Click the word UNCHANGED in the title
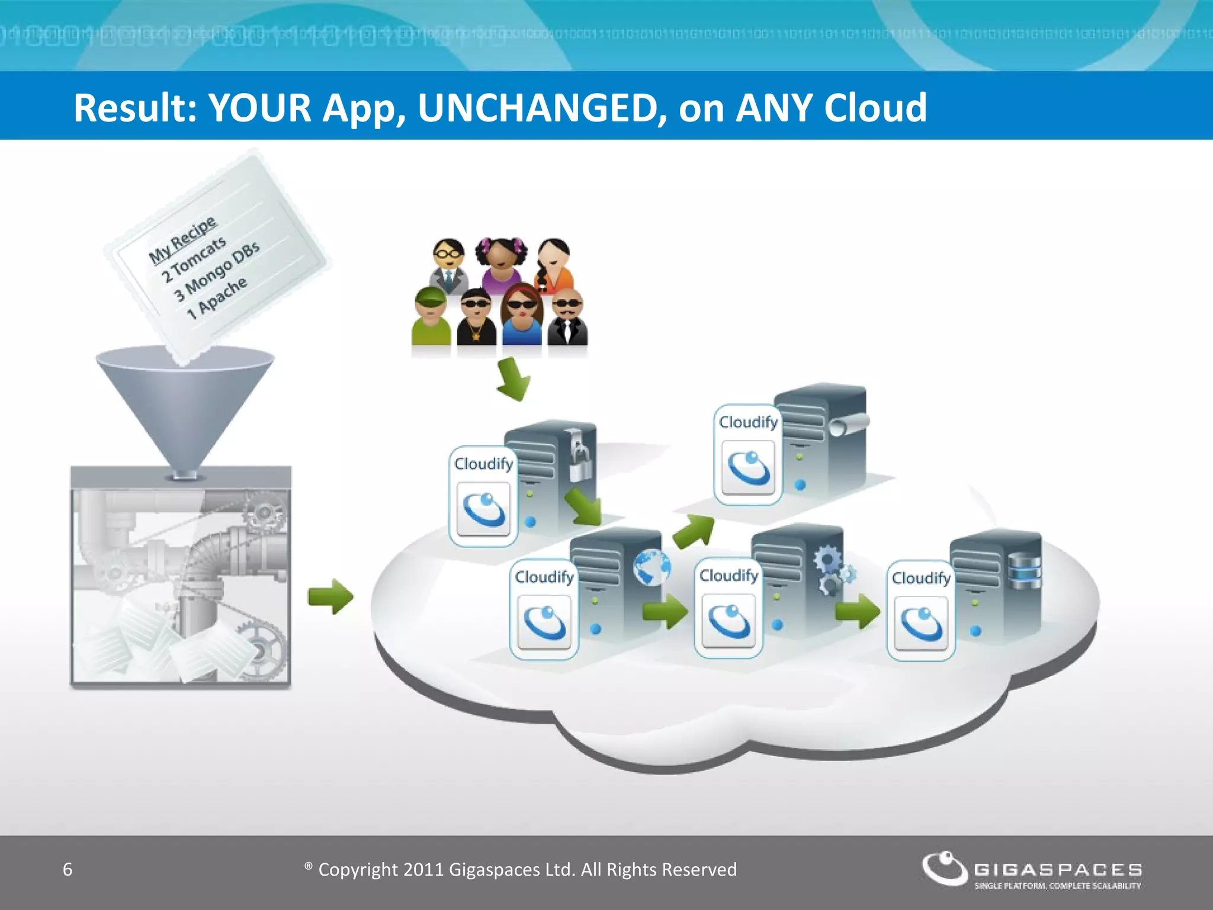coord(538,108)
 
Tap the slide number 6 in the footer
coord(68,869)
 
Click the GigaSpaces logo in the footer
coord(1031,870)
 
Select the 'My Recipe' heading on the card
coord(182,241)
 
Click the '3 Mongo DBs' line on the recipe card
coord(217,271)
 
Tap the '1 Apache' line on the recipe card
coord(217,298)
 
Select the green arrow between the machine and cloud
coord(330,596)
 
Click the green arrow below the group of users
coord(513,379)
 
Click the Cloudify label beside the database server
coord(921,578)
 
